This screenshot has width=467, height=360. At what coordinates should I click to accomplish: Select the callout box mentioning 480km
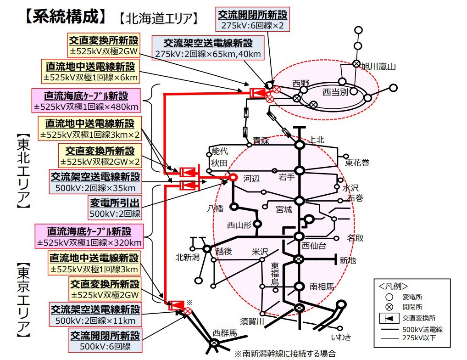86,101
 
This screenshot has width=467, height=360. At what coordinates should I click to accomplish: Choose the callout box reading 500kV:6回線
105,340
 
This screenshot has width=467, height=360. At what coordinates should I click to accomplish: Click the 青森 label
261,141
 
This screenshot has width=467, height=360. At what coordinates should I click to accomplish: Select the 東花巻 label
357,163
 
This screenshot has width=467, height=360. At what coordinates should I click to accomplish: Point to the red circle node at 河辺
233,177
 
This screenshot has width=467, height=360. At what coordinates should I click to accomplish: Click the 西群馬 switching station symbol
214,342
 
